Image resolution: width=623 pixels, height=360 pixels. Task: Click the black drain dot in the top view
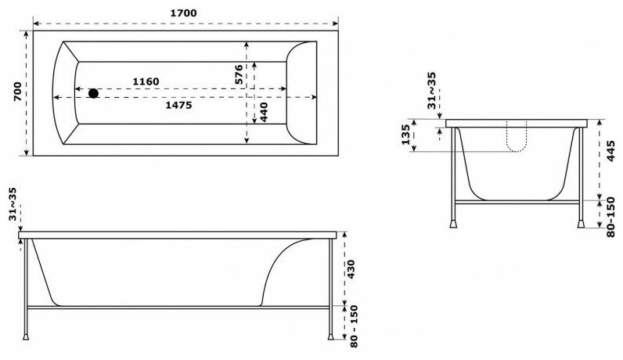point(94,93)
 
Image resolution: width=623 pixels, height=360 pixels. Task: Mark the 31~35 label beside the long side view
point(13,206)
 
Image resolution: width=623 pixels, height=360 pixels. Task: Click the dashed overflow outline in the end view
point(517,137)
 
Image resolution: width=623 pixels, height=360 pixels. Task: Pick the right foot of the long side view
point(333,340)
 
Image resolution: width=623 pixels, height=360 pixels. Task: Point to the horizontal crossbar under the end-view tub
point(517,202)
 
